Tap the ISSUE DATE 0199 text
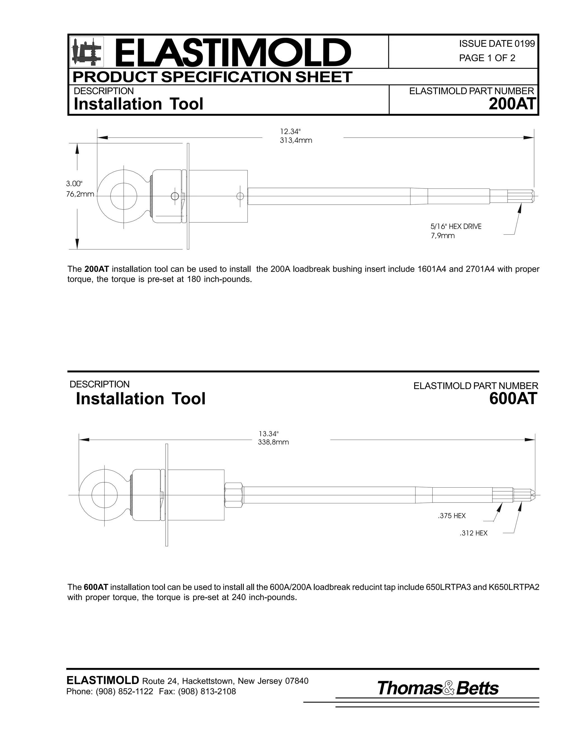[497, 43]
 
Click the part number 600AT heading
[513, 399]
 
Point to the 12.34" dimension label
[290, 131]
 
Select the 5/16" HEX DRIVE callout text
[455, 226]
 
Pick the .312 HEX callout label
[473, 533]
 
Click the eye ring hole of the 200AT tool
[124, 196]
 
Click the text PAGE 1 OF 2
[487, 58]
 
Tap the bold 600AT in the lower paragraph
[96, 587]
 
